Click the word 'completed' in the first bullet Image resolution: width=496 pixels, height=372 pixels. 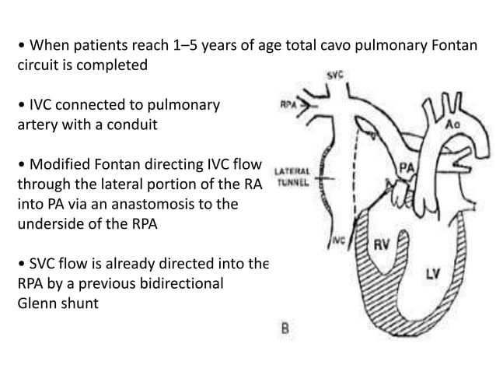click(x=108, y=65)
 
